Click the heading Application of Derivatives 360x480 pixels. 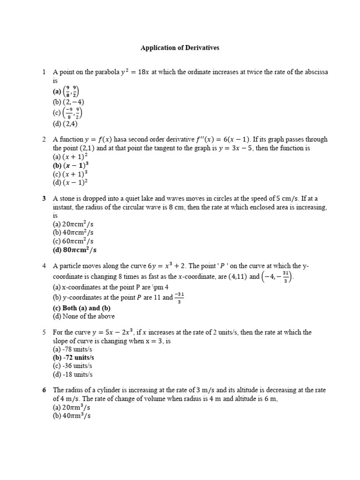pyautogui.click(x=180, y=48)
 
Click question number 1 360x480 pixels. pyautogui.click(x=44, y=72)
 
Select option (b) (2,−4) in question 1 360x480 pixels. pyautogui.click(x=68, y=102)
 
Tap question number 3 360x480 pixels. pyautogui.click(x=44, y=199)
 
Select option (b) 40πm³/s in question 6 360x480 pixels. pyautogui.click(x=71, y=416)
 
